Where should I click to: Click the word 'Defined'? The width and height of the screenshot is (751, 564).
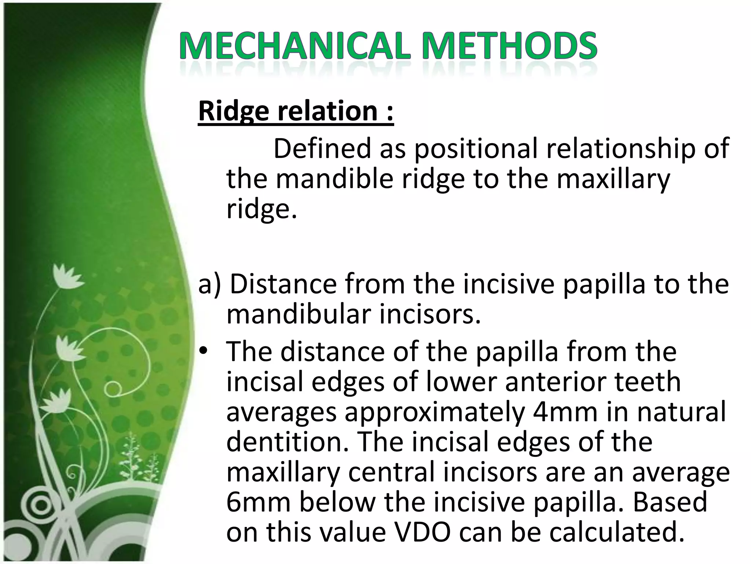pyautogui.click(x=323, y=148)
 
